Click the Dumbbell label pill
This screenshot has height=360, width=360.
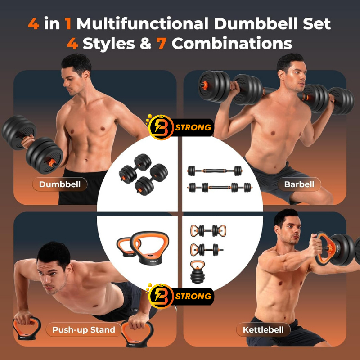tap(60, 184)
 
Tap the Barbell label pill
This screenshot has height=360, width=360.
tap(299, 184)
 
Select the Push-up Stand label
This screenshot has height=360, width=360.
tap(84, 330)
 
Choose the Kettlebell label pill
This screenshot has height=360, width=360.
tap(263, 330)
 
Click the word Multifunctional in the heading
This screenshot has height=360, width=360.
tap(142, 23)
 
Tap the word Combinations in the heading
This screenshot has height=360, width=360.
tap(232, 43)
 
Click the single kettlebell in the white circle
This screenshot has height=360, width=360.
tap(198, 272)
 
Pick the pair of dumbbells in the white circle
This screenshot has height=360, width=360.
tap(143, 175)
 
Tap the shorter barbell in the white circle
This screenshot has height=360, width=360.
tap(215, 171)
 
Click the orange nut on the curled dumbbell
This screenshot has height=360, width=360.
tap(52, 163)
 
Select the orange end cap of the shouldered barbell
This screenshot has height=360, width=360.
tap(204, 85)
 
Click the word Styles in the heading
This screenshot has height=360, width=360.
tap(108, 43)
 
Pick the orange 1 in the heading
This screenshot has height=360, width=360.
tap(68, 23)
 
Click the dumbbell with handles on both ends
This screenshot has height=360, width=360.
tap(208, 231)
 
